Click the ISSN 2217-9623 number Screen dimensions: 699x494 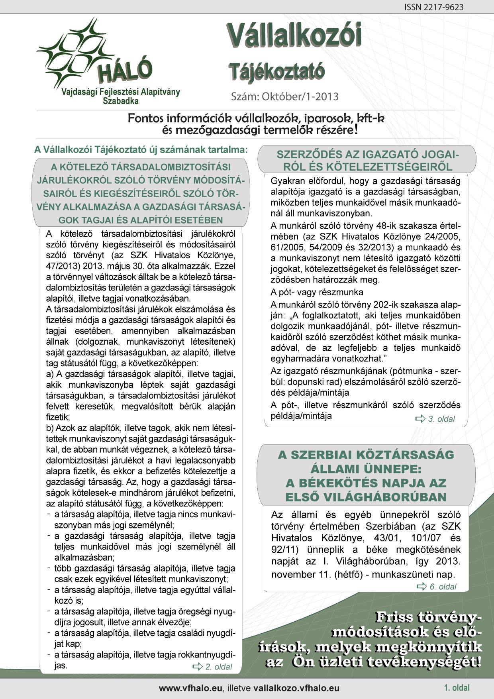point(434,7)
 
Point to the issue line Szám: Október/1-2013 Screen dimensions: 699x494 point(285,96)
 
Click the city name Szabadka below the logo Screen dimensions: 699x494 point(121,101)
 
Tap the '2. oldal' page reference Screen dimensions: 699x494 point(219,667)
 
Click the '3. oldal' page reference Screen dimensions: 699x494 point(441,419)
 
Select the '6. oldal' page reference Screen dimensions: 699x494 point(443,587)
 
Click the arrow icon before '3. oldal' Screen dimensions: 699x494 point(421,419)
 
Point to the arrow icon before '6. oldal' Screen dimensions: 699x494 point(422,587)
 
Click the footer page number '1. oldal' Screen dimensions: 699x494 point(457,687)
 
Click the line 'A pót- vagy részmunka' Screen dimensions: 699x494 point(317,292)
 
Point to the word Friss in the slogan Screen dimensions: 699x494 point(394,617)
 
